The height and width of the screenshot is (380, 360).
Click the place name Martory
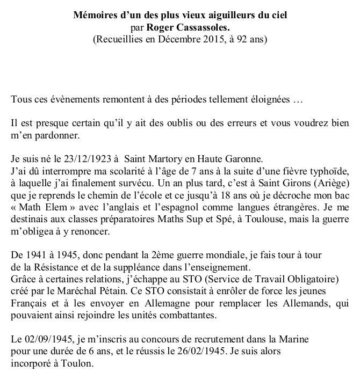168,159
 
